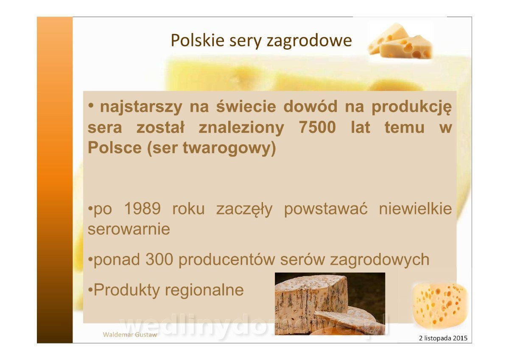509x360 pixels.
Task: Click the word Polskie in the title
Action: [198, 40]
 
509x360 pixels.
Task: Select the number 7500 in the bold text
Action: [317, 127]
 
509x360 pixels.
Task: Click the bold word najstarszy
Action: [141, 107]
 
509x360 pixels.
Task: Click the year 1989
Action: [143, 208]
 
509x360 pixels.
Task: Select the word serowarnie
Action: [129, 229]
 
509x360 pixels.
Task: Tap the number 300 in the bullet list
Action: [159, 259]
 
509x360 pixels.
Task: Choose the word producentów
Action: [227, 260]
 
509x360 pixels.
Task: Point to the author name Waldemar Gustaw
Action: [130, 335]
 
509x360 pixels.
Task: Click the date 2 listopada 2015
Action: [443, 338]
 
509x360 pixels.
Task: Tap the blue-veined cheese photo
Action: [330, 304]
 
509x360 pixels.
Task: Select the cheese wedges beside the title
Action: [400, 41]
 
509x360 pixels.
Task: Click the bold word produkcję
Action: [411, 107]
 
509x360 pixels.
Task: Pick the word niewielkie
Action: [415, 208]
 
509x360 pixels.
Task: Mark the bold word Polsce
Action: [115, 148]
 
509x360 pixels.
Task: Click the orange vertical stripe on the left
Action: [55, 180]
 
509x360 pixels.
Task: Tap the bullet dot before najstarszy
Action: [91, 106]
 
